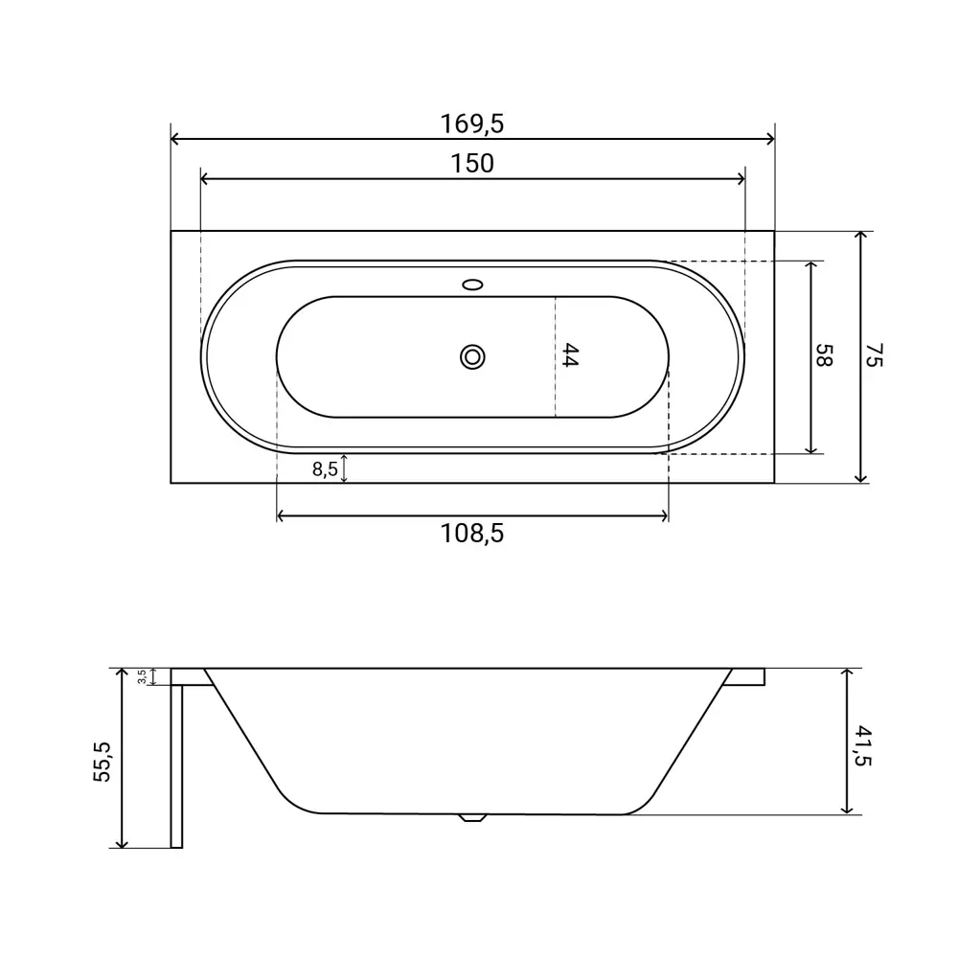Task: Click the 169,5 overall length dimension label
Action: pos(472,124)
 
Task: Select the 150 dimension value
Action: pos(472,164)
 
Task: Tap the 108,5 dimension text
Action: pos(472,534)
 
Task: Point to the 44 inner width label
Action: pos(569,355)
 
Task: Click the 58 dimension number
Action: pos(824,355)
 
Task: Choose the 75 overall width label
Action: pos(875,355)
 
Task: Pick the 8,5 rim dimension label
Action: pos(325,469)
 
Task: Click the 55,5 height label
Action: pos(103,762)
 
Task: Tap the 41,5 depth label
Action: pos(862,745)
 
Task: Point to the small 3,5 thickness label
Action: pos(142,676)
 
